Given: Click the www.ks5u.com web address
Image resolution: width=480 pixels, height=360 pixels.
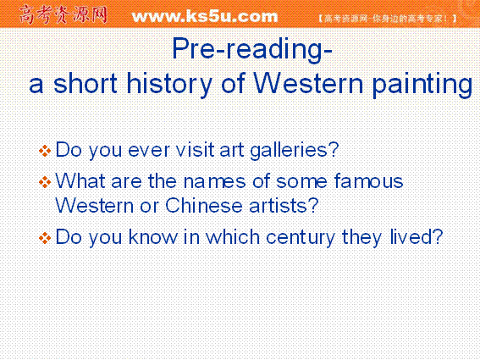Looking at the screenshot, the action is point(205,16).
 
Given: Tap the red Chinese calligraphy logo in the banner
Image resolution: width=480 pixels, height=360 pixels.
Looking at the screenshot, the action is point(63,14).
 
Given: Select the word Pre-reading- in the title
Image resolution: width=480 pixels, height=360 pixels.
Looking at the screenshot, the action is point(252,50).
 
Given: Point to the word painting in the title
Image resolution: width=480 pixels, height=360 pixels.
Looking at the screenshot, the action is point(422,86).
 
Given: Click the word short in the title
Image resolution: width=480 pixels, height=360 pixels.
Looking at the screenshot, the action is point(86,83).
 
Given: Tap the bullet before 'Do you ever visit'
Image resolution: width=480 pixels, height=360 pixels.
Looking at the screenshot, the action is point(45,151).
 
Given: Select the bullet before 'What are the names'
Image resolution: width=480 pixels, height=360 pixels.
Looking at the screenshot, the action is point(45,182).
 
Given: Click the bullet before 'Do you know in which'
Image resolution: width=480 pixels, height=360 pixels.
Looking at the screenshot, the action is point(45,238).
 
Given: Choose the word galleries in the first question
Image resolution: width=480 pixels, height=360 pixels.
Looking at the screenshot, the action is point(295,151).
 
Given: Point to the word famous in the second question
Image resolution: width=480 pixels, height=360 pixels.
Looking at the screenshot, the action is point(368,180).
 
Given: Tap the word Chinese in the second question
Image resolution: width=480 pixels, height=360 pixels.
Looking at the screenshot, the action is point(204,205).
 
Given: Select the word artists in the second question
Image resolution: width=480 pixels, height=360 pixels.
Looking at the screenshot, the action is point(284,205).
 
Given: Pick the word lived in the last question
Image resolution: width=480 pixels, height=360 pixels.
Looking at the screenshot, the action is point(417,236).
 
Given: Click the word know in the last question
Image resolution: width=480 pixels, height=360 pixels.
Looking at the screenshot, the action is point(152,236).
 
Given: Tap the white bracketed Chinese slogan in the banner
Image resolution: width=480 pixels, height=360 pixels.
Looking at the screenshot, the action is point(387,19).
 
